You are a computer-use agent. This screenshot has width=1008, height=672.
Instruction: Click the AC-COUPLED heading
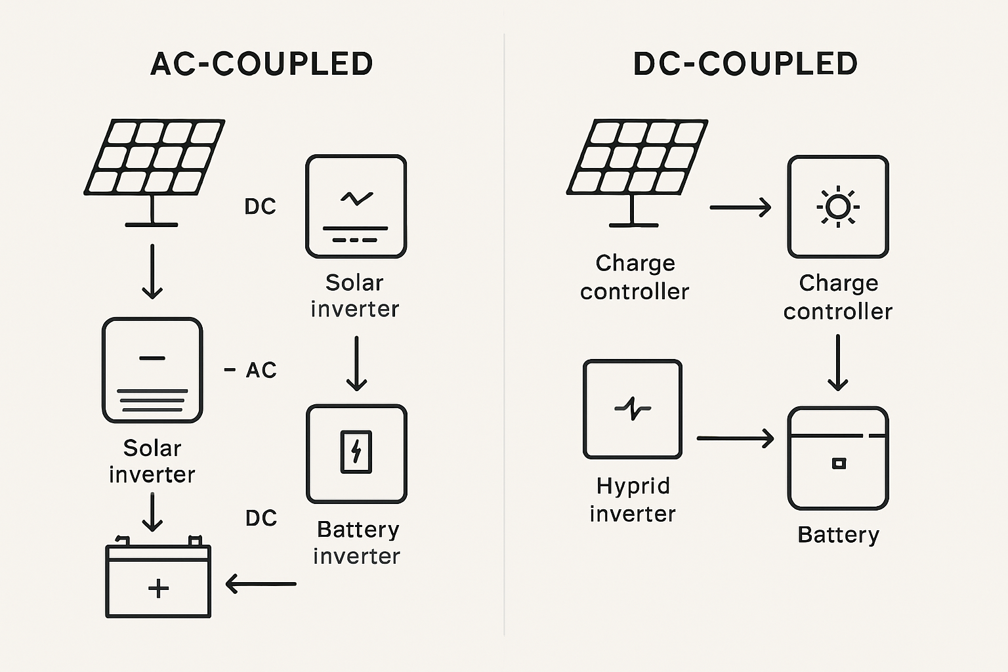262,64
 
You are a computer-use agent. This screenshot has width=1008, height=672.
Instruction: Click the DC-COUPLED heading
745,64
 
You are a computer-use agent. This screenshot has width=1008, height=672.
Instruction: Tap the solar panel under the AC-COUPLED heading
155,157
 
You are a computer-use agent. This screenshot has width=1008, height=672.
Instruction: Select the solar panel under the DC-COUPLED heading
637,157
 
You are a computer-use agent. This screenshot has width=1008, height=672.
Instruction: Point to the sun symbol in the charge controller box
838,207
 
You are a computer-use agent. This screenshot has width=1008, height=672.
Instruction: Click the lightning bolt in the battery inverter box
356,451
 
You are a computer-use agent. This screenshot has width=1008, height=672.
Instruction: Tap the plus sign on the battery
158,588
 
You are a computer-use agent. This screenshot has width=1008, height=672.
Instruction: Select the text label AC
261,370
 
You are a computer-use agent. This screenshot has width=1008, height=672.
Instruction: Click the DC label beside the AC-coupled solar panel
261,207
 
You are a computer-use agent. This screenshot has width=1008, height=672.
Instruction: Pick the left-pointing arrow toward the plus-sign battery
261,583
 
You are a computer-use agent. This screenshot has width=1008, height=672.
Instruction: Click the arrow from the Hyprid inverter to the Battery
735,438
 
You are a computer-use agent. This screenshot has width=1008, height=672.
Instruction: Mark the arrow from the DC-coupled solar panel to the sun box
740,207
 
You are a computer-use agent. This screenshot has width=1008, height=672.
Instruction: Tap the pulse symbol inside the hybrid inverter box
633,408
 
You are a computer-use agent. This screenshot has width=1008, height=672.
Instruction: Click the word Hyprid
633,486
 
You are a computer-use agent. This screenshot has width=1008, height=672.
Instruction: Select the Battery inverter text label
357,543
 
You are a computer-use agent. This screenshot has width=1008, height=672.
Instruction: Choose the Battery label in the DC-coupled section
838,535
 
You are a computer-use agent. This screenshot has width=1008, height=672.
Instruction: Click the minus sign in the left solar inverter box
152,358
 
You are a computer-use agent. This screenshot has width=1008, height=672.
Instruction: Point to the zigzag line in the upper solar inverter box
356,198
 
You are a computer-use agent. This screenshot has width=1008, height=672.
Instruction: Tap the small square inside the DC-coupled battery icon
839,463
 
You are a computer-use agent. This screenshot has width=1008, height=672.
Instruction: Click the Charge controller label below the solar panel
635,277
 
